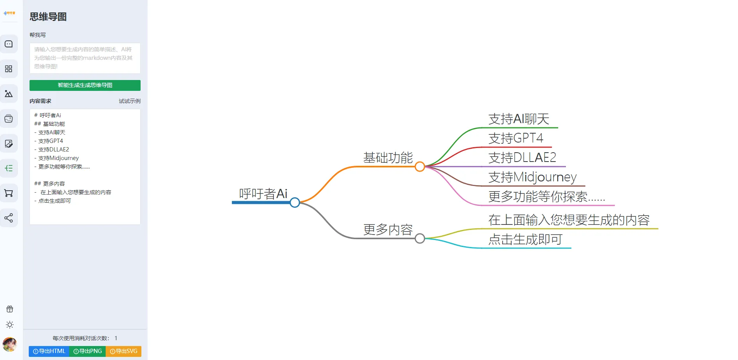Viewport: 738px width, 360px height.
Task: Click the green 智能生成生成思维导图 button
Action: coord(85,85)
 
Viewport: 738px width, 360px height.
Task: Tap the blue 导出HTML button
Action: coord(49,351)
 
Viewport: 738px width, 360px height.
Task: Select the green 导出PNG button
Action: coord(87,351)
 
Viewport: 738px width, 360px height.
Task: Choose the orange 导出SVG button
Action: coord(124,351)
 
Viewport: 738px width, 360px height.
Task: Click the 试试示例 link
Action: coord(129,101)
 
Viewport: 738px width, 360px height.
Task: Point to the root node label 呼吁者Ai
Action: coord(263,193)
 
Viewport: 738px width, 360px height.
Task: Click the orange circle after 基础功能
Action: coord(419,167)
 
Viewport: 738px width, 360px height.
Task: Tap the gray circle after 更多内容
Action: coord(419,238)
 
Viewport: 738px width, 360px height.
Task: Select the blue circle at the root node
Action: coord(295,202)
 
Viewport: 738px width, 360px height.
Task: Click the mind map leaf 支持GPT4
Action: coord(515,138)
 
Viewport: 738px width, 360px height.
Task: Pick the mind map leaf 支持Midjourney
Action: coord(532,177)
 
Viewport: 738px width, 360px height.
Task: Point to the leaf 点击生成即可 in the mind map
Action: coord(525,239)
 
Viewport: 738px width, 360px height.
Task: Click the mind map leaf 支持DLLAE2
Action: coord(522,158)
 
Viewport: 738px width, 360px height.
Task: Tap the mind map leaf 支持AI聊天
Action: coord(519,119)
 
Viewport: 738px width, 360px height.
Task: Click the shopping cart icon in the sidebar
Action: coord(9,193)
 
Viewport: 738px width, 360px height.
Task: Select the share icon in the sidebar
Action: coord(9,218)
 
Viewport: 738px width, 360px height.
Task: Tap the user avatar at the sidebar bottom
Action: coord(9,344)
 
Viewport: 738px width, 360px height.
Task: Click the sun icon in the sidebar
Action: coord(10,325)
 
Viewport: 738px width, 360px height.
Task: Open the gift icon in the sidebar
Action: coord(10,309)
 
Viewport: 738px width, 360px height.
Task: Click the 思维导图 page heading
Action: coord(48,17)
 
